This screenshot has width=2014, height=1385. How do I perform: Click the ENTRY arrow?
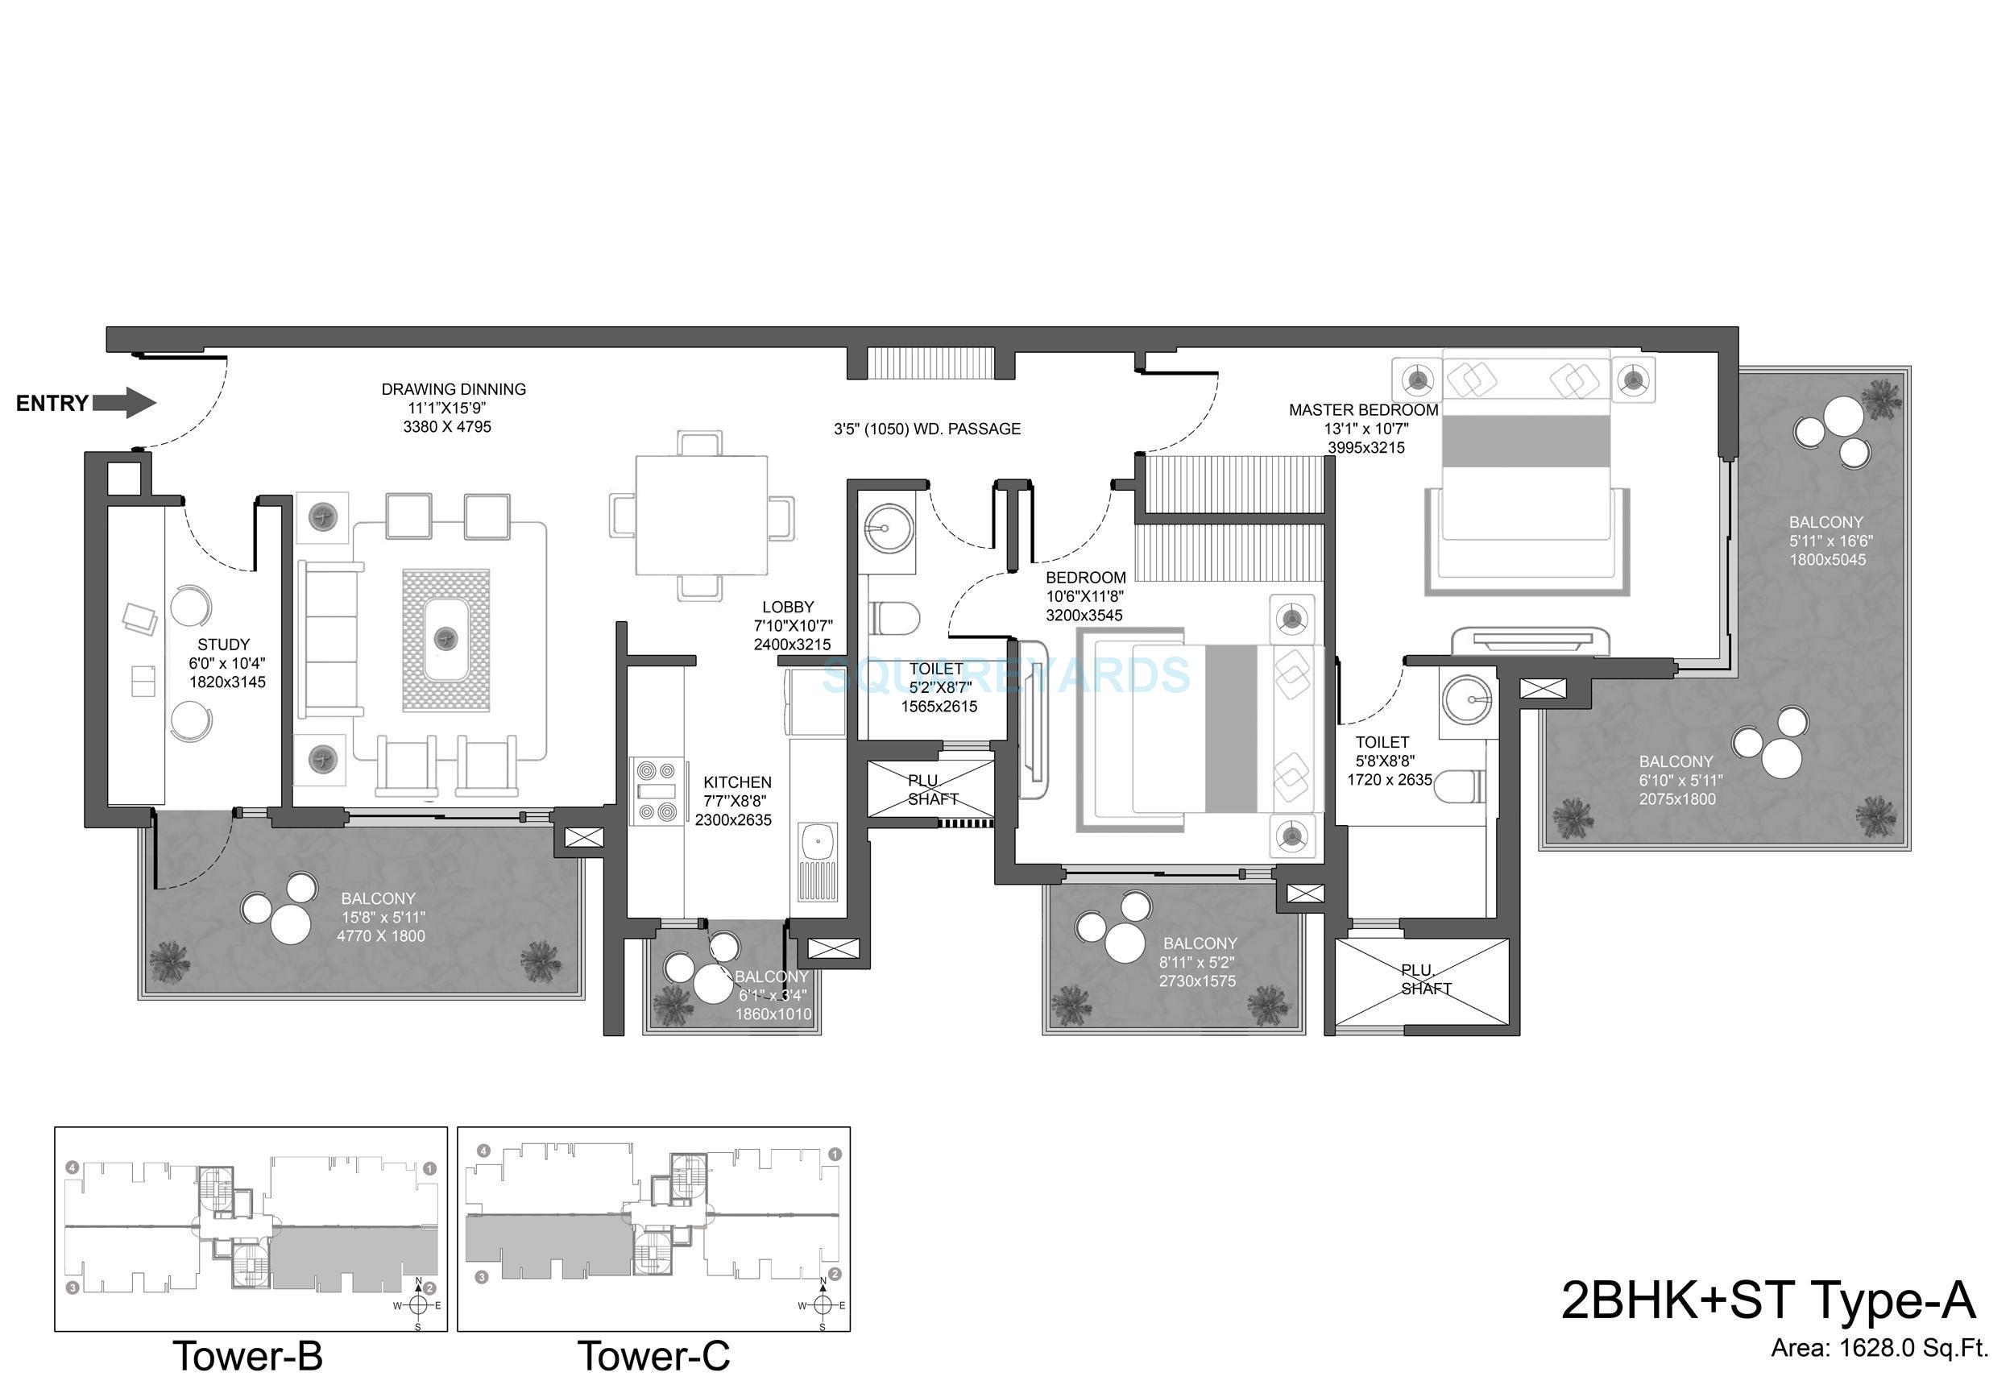(x=124, y=403)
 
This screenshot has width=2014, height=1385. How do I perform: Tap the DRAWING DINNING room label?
(x=453, y=390)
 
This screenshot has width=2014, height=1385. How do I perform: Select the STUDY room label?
(x=223, y=645)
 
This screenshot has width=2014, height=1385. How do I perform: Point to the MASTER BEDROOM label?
(x=1363, y=409)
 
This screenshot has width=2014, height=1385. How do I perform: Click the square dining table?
(x=701, y=516)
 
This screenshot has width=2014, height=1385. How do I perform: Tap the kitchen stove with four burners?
(x=657, y=790)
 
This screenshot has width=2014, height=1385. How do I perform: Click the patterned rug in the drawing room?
(x=446, y=640)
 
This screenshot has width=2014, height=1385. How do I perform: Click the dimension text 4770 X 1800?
(x=381, y=936)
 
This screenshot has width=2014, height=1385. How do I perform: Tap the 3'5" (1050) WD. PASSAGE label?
(x=926, y=429)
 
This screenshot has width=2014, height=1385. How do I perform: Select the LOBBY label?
(x=788, y=607)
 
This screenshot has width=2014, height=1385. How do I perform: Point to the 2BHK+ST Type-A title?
(x=1767, y=1300)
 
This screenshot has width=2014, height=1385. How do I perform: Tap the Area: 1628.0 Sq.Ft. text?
(x=1879, y=1349)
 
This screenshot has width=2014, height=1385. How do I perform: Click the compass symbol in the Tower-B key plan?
(x=418, y=1304)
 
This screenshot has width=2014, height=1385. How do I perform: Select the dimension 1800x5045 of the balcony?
(x=1826, y=560)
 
